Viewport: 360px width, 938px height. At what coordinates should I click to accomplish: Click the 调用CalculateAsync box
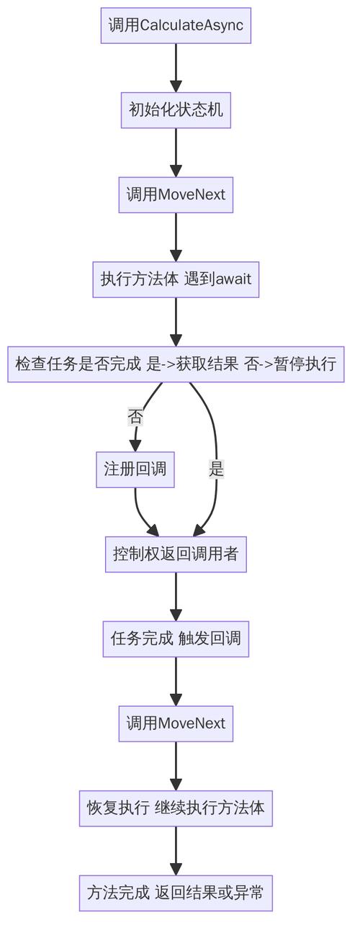tap(176, 26)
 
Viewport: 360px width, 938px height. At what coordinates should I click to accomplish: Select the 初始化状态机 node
tap(176, 110)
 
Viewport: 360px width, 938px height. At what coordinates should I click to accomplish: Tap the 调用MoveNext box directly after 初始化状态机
tap(176, 195)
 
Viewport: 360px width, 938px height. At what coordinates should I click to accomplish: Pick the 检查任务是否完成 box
tap(176, 364)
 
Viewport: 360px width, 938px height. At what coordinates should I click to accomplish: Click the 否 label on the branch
tap(135, 417)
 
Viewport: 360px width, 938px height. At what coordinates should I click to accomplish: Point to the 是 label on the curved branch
tap(216, 470)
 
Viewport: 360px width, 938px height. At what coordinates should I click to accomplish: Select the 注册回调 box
tap(135, 470)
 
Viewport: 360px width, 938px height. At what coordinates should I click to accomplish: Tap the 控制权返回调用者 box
tap(176, 554)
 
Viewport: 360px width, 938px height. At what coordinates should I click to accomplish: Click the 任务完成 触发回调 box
tap(176, 639)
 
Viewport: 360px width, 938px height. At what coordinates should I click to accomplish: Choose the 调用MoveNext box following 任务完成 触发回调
tap(176, 723)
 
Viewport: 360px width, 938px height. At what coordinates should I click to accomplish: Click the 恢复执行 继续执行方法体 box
tap(176, 808)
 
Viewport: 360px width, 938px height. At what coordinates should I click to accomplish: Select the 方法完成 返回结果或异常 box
tap(176, 893)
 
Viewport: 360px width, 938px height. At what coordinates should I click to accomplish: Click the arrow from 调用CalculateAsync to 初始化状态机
tap(176, 68)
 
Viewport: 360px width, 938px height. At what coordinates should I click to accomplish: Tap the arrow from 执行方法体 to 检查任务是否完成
tap(176, 321)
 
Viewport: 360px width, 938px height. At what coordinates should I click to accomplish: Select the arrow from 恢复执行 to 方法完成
tap(176, 850)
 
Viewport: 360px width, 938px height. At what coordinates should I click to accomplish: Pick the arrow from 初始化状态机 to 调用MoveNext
tap(176, 152)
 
